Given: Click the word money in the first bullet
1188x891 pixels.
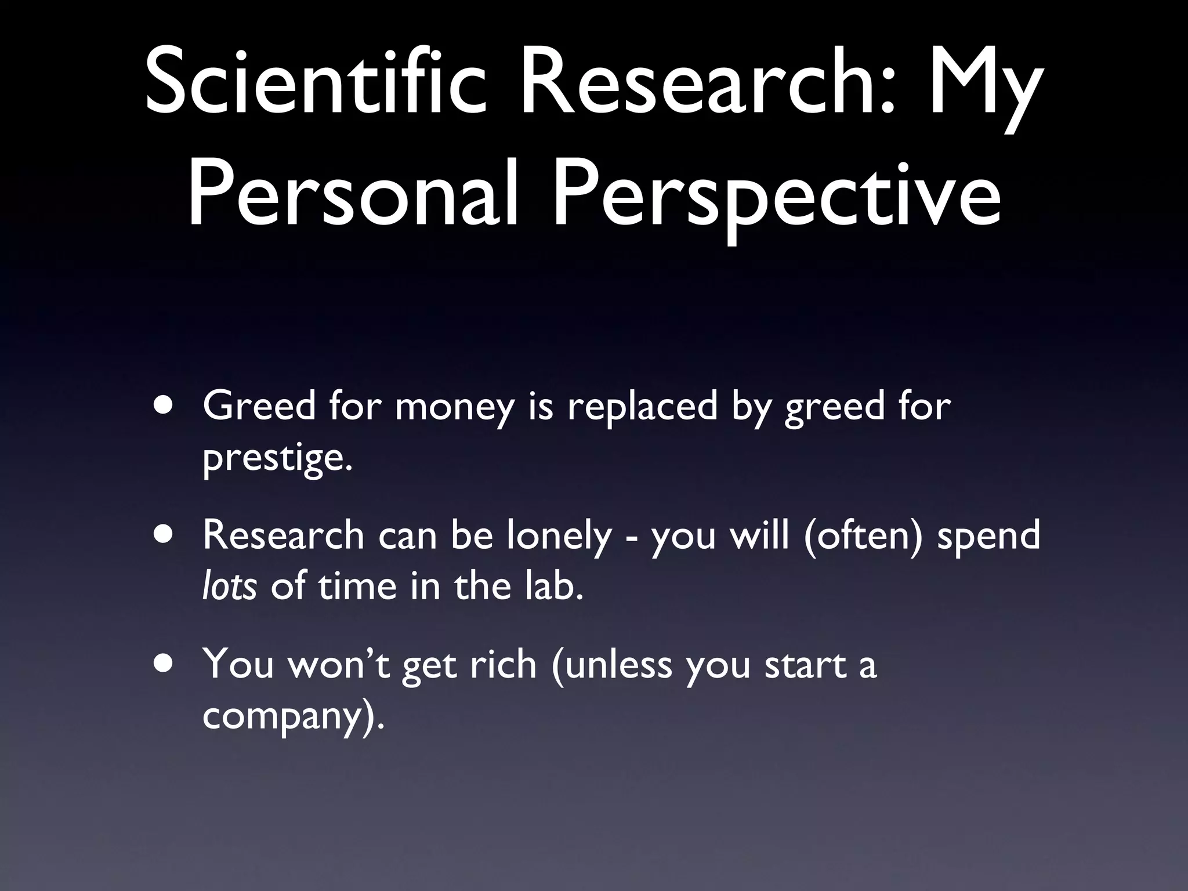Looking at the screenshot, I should tap(455, 408).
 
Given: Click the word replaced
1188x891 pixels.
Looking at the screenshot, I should tap(642, 407).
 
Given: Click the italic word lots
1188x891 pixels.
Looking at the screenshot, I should tap(229, 587).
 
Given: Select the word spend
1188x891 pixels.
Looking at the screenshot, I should tap(988, 536).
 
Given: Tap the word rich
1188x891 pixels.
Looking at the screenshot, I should tap(503, 664).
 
